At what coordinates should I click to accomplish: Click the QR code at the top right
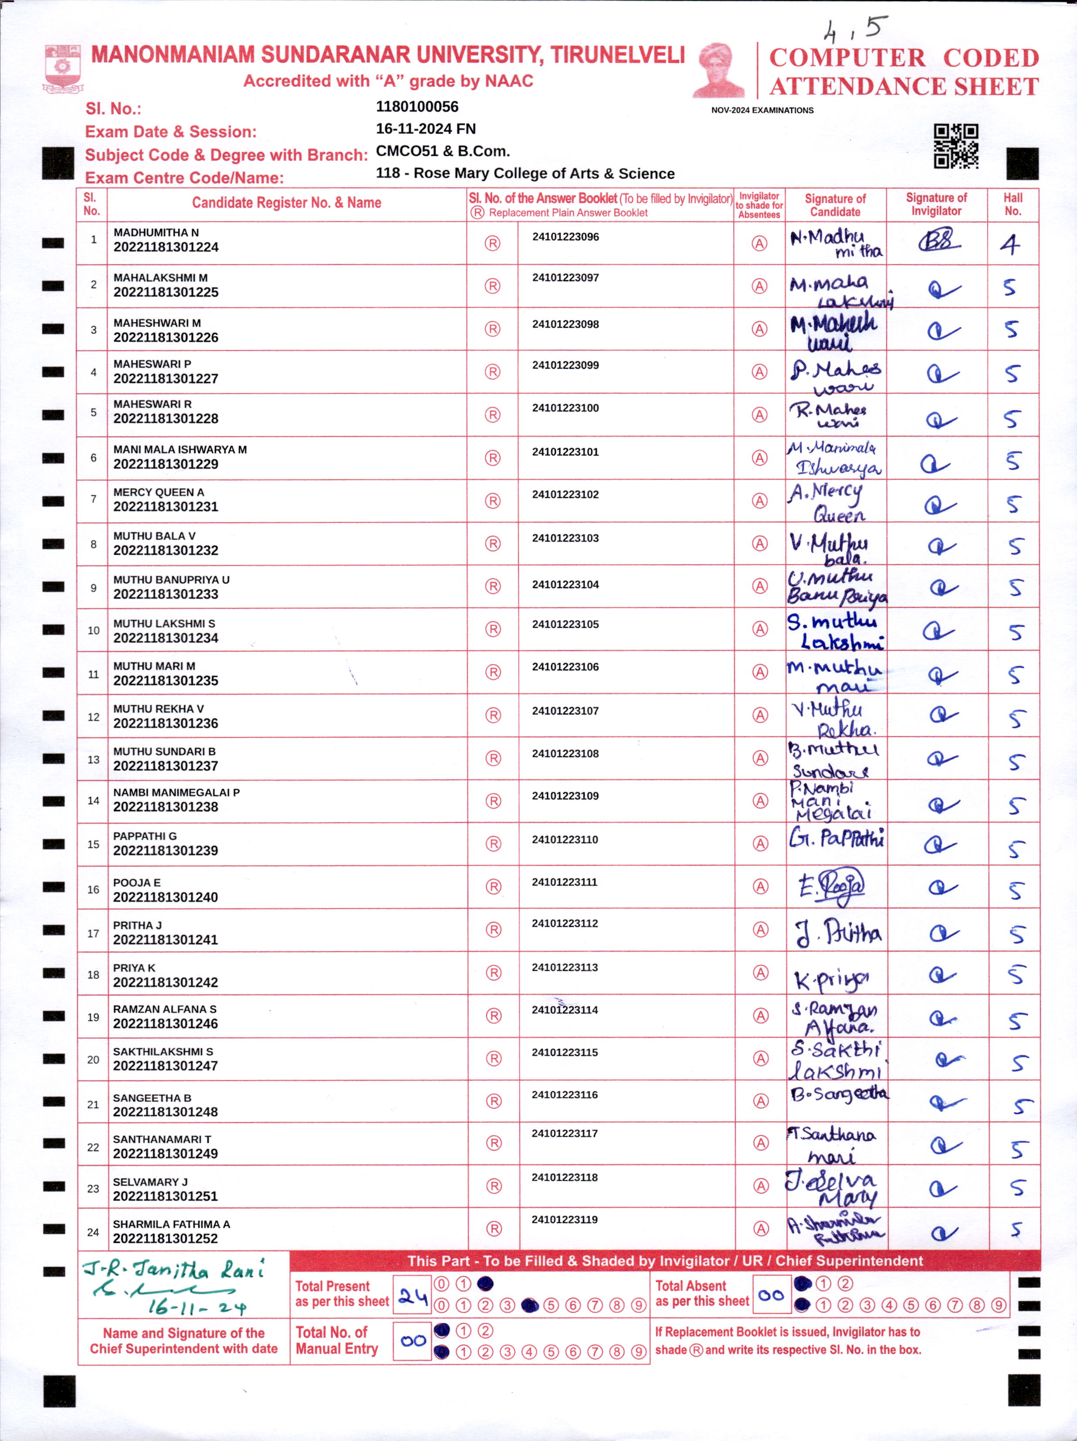click(956, 146)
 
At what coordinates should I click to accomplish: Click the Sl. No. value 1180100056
click(417, 107)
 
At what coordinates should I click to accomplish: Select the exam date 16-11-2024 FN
click(426, 129)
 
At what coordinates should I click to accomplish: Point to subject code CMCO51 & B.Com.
click(443, 151)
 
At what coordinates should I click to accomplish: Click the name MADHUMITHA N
click(156, 232)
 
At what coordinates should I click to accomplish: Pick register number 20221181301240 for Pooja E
click(166, 897)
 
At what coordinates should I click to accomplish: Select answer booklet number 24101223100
click(565, 408)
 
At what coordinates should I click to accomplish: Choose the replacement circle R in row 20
click(494, 1059)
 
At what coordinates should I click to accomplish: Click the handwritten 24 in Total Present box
click(413, 1298)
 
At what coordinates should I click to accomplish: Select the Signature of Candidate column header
click(835, 205)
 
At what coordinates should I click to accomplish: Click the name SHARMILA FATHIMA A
click(172, 1224)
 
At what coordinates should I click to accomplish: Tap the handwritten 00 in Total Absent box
click(771, 1296)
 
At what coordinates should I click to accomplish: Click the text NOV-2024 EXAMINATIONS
click(762, 111)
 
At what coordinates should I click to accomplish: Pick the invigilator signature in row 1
click(939, 242)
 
